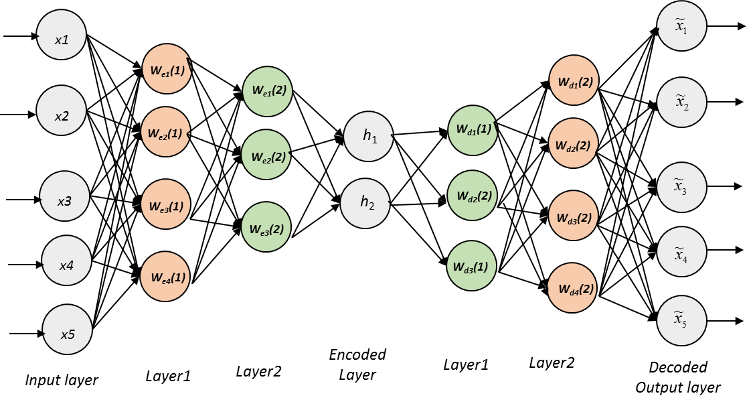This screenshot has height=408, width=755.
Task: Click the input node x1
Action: tap(62, 40)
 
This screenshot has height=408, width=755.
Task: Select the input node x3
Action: tap(65, 199)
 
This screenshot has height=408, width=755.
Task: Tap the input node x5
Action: tap(68, 332)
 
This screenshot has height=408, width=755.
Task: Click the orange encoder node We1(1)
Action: tap(166, 69)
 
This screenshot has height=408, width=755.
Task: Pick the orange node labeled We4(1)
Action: tap(165, 275)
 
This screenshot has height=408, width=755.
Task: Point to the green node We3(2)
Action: tap(266, 228)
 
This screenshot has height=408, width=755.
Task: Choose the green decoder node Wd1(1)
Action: tap(473, 129)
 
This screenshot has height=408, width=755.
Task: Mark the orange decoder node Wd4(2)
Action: tap(573, 289)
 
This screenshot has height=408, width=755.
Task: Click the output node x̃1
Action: tap(681, 27)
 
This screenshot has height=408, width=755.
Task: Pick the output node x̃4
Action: tap(681, 252)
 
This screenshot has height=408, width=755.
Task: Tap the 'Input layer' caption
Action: tap(62, 381)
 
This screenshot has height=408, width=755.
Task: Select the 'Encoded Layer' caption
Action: tap(357, 364)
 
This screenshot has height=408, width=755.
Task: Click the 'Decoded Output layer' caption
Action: tap(678, 377)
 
